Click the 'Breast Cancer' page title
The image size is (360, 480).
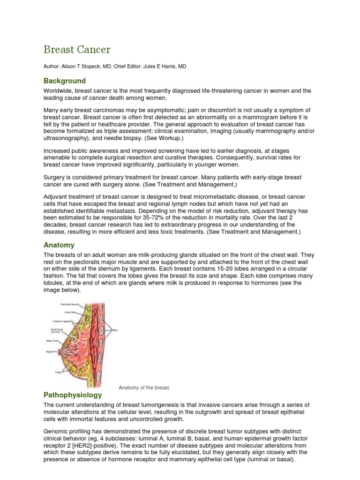tap(77, 49)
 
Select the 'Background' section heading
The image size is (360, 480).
tap(65, 81)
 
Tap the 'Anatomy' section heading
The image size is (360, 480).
tap(59, 245)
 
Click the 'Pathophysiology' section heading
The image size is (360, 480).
tap(72, 395)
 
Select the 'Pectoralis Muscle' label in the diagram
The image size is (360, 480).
tap(70, 305)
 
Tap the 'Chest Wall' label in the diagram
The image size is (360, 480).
tap(70, 312)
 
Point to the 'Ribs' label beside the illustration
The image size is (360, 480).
tap(115, 330)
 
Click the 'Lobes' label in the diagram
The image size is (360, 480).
tap(59, 373)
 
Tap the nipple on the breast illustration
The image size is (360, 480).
tap(60, 351)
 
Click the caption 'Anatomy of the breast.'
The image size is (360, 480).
tap(144, 388)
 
